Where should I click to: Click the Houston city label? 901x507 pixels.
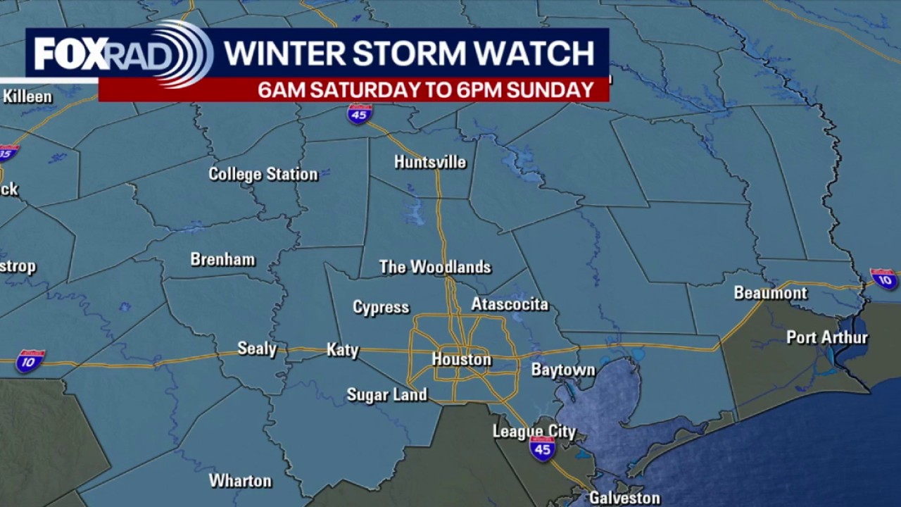pyautogui.click(x=461, y=360)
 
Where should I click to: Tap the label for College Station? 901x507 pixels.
pyautogui.click(x=263, y=174)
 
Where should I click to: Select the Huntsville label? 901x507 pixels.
pyautogui.click(x=430, y=162)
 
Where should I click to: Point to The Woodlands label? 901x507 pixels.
pyautogui.click(x=435, y=267)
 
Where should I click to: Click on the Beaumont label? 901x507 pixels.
pyautogui.click(x=770, y=293)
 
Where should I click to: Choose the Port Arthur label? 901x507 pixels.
pyautogui.click(x=827, y=337)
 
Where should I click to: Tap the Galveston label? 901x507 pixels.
pyautogui.click(x=624, y=498)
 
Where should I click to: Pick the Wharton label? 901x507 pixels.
pyautogui.click(x=240, y=481)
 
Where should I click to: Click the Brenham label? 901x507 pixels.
pyautogui.click(x=222, y=259)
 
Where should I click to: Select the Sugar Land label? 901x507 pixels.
pyautogui.click(x=387, y=395)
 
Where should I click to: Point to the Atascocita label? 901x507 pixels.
pyautogui.click(x=510, y=304)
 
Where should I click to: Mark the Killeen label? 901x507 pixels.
pyautogui.click(x=27, y=96)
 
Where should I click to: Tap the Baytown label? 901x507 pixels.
pyautogui.click(x=563, y=370)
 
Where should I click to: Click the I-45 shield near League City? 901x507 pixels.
pyautogui.click(x=542, y=449)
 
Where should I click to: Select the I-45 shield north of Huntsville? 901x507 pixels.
pyautogui.click(x=360, y=113)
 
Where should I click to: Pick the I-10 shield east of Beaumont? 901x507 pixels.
pyautogui.click(x=884, y=278)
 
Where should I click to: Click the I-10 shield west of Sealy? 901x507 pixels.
pyautogui.click(x=30, y=361)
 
